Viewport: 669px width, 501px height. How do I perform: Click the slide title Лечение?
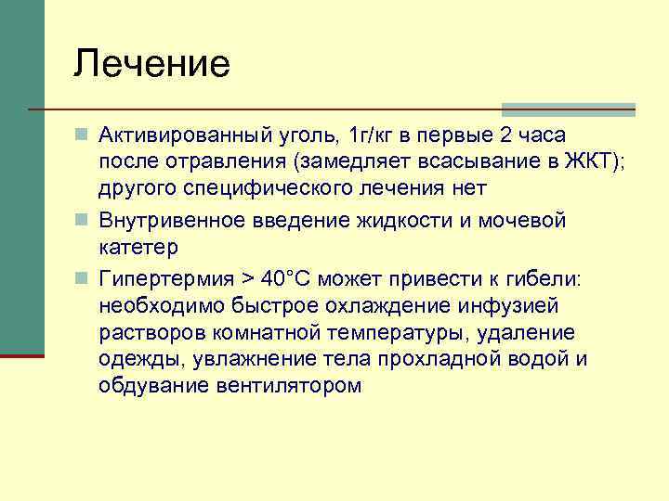point(152,64)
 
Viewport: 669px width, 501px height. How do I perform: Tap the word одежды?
point(134,359)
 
